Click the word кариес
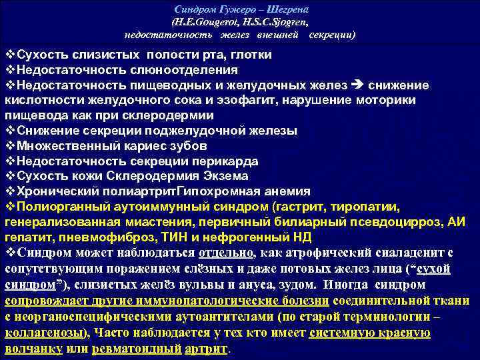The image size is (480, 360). pyautogui.click(x=143, y=145)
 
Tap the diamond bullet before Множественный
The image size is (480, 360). pyautogui.click(x=9, y=145)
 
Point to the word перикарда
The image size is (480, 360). pyautogui.click(x=223, y=161)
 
